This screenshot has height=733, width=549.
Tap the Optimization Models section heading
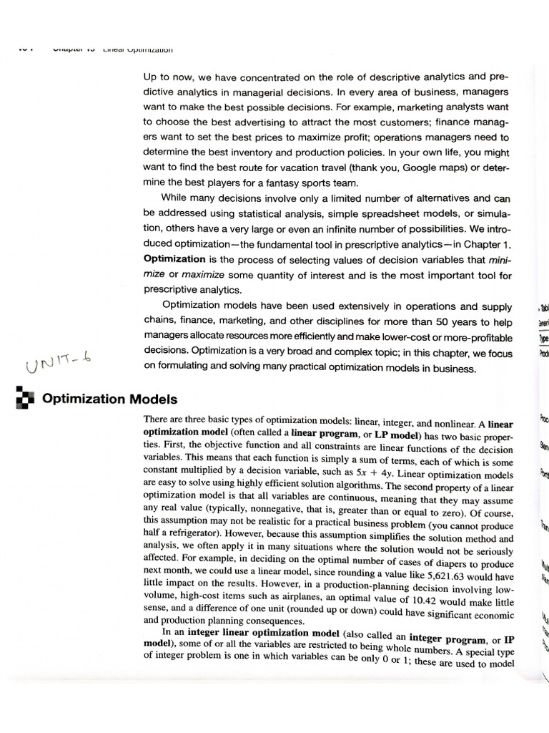[x=110, y=399]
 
